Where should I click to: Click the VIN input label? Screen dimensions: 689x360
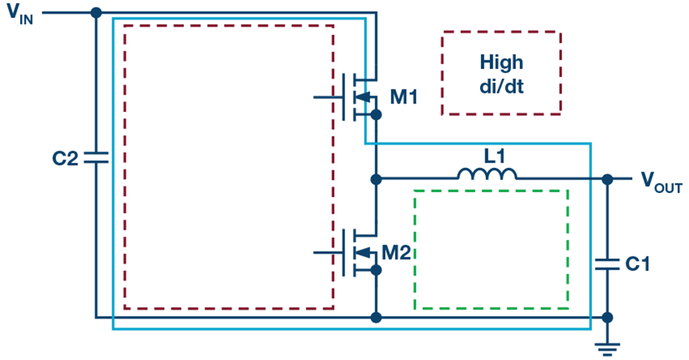[20, 14]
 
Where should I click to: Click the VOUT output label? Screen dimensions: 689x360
[661, 182]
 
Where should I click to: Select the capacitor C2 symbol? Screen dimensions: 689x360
[96, 158]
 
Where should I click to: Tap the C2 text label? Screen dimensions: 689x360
[65, 159]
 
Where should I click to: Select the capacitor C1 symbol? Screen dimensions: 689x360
[607, 264]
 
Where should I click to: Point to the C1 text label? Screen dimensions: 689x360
[637, 264]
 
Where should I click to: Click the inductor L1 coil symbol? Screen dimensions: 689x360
[487, 174]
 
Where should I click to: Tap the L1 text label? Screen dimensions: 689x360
[495, 156]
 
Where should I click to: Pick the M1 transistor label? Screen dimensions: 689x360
[403, 97]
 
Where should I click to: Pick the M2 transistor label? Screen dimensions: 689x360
[397, 253]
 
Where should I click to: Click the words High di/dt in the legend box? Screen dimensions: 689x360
[501, 74]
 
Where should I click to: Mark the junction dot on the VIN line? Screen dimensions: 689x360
[96, 13]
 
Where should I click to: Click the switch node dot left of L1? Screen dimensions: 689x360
[376, 179]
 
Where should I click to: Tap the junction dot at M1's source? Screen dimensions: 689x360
[376, 115]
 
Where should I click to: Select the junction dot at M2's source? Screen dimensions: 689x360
[376, 270]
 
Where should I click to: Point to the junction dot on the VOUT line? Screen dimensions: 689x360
[607, 179]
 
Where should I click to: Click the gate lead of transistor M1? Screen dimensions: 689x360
[328, 97]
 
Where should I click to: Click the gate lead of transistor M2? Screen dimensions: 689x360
[328, 253]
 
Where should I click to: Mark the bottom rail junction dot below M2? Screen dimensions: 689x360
[376, 317]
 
